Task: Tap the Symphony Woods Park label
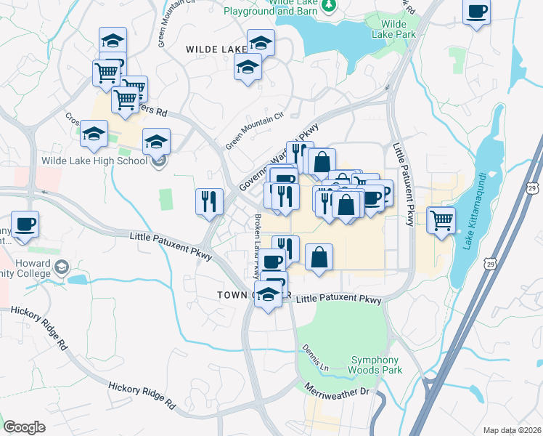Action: [375, 365]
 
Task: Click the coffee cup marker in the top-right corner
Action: [477, 12]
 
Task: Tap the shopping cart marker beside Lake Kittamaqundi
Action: [441, 219]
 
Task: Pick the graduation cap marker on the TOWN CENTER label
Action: [268, 295]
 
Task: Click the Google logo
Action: [24, 427]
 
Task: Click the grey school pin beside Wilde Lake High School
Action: [160, 161]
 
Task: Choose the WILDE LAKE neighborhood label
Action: [217, 49]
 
